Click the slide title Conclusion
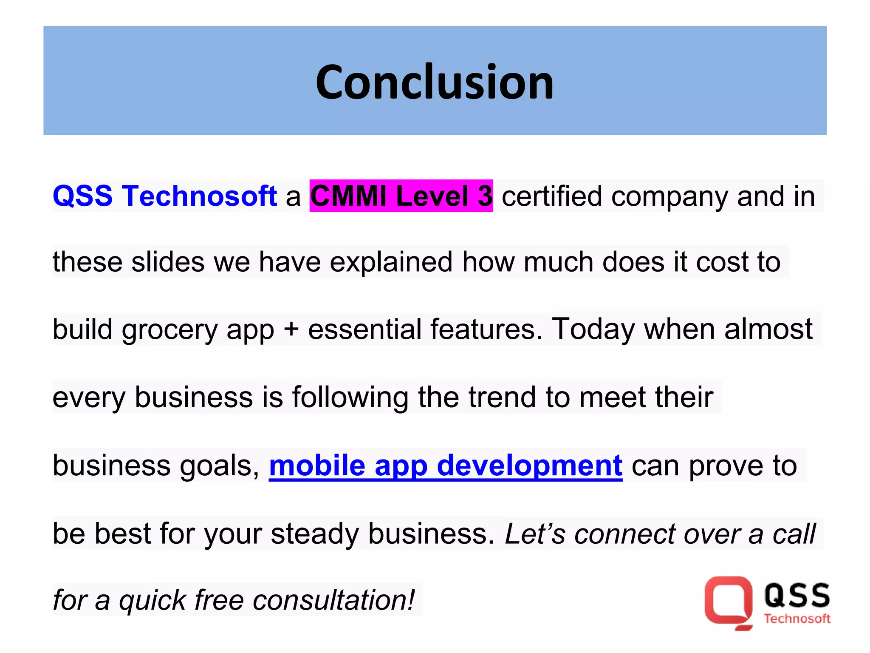pyautogui.click(x=435, y=82)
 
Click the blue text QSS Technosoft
pyautogui.click(x=165, y=196)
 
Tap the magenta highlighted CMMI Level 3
pyautogui.click(x=401, y=196)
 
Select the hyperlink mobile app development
pyautogui.click(x=446, y=466)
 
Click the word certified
pyautogui.click(x=552, y=196)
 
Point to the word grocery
pyautogui.click(x=169, y=330)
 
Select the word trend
pyautogui.click(x=502, y=397)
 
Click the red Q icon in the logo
pyautogui.click(x=728, y=601)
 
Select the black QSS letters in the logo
pyautogui.click(x=797, y=595)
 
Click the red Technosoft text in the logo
pyautogui.click(x=797, y=619)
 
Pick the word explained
pyautogui.click(x=391, y=262)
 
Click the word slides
pyautogui.click(x=168, y=261)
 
